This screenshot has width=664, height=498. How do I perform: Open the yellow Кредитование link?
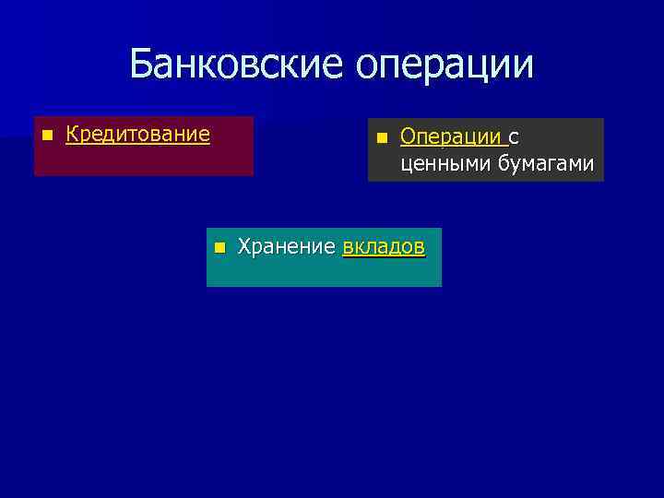tap(138, 135)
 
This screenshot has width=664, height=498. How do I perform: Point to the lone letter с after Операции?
tap(513, 138)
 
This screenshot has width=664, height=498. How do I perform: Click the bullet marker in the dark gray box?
tap(381, 138)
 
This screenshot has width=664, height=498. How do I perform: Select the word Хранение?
tap(286, 247)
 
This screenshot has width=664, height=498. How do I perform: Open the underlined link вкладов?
tap(383, 247)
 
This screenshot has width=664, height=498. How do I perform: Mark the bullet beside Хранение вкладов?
tap(219, 248)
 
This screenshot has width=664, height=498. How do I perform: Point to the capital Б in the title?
tap(142, 64)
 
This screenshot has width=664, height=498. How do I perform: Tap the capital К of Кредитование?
tap(73, 135)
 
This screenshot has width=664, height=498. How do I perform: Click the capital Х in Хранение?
tap(245, 247)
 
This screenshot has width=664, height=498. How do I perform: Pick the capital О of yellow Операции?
tap(409, 137)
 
